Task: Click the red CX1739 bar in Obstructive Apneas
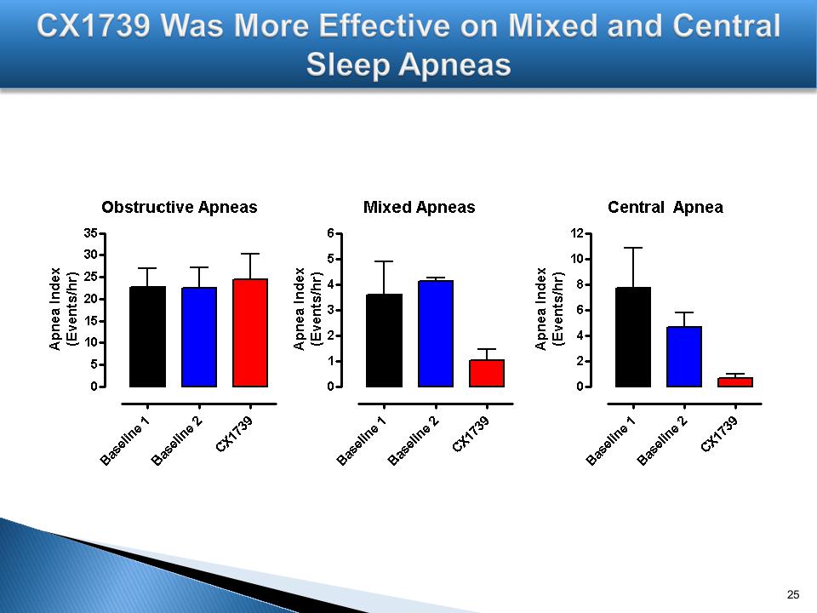coord(250,333)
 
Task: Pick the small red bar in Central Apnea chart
coord(735,382)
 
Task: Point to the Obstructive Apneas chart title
coord(179,207)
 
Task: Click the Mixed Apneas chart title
coord(419,207)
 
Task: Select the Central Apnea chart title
coord(665,207)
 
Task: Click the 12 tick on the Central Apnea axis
coord(576,232)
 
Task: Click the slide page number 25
coord(794,593)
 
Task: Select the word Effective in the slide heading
coord(347,26)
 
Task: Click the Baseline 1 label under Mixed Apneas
coord(363,440)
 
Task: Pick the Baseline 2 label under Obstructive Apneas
coord(178,440)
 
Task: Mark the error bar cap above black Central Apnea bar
coord(633,248)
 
